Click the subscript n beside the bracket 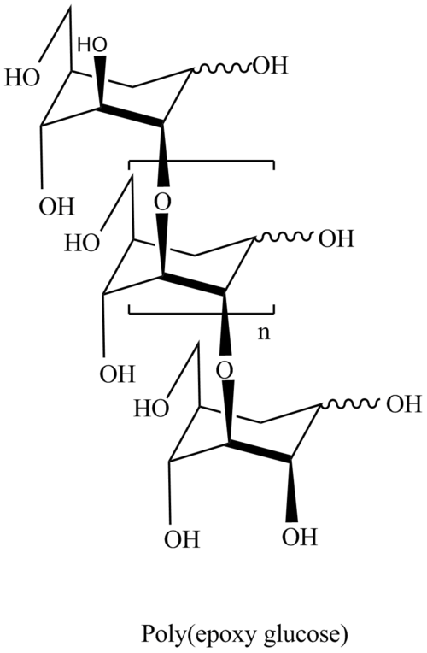click(264, 333)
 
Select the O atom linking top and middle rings click(163, 203)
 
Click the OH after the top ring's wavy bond click(271, 66)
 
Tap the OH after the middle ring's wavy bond click(336, 239)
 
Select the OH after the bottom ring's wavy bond click(405, 404)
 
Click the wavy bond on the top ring click(222, 68)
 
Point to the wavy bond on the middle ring click(285, 238)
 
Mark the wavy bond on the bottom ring click(352, 403)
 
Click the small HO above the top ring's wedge click(92, 44)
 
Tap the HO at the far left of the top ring click(21, 78)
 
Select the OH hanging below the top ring click(56, 206)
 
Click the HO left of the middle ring click(82, 243)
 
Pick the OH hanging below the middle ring click(117, 374)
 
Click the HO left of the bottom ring click(151, 409)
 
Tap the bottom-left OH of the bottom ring click(182, 539)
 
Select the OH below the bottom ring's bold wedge click(299, 537)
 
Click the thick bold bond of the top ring click(132, 116)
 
